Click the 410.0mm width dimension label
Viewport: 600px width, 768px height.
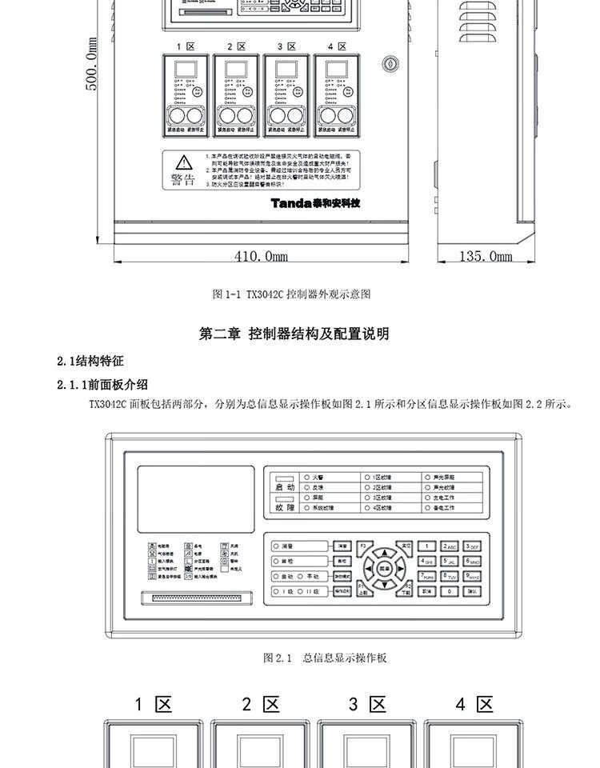261,256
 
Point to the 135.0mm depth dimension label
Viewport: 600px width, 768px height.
486,256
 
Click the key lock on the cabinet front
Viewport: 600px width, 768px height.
390,61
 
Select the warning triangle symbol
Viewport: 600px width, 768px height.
184,162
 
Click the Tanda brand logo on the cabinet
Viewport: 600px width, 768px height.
315,202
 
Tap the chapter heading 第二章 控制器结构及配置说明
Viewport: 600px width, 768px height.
294,334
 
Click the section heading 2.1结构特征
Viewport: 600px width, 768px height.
90,361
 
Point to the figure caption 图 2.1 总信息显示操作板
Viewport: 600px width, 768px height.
326,658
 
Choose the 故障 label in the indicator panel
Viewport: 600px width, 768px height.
286,507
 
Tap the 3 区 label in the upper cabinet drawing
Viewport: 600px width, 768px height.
286,46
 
